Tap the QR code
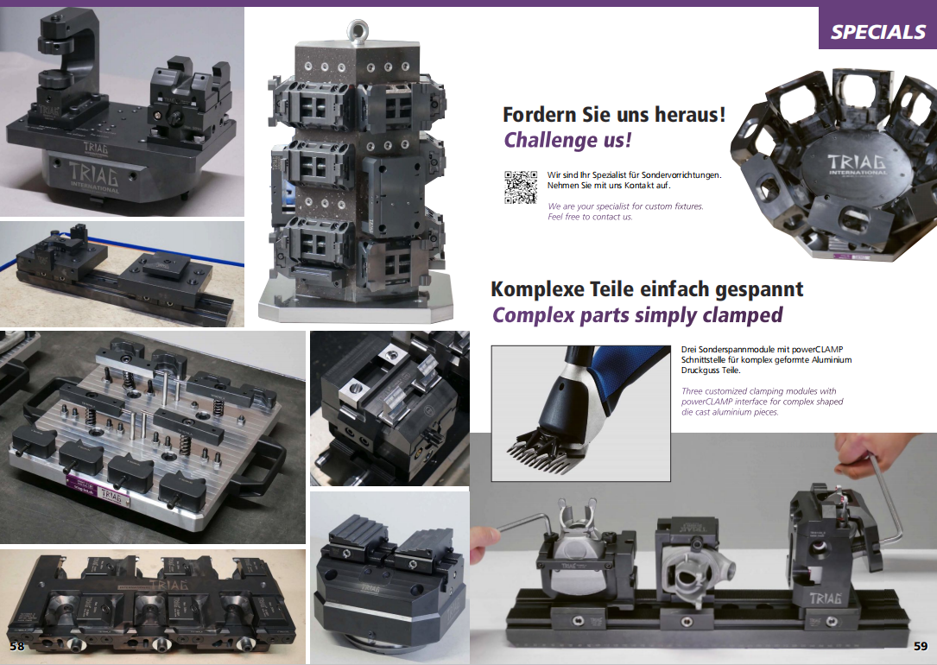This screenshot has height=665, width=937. (521, 187)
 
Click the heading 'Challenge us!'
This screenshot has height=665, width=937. (567, 140)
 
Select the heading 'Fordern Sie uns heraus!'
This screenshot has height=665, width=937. (614, 114)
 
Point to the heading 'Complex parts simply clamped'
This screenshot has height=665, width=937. (637, 315)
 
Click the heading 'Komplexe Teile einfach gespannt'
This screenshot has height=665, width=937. (647, 289)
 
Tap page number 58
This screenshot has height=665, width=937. (16, 646)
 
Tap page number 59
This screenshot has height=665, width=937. (921, 646)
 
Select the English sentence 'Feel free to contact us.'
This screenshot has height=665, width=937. (590, 217)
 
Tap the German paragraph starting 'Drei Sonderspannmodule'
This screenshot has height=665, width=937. (766, 359)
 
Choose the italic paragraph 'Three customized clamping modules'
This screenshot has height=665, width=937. (762, 402)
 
